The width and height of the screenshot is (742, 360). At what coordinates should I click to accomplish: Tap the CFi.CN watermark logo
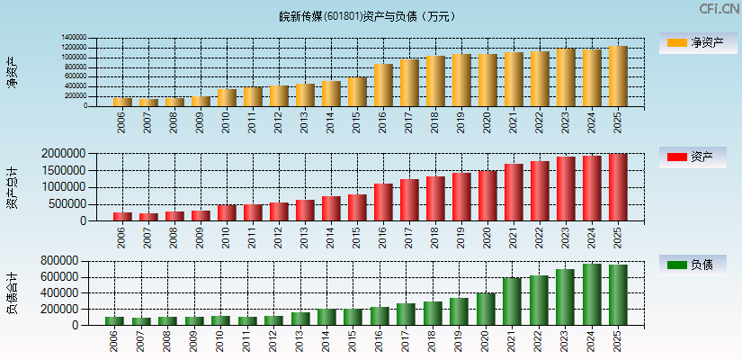coord(719,9)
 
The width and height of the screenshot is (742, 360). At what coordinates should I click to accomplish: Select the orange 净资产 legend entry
coord(693,42)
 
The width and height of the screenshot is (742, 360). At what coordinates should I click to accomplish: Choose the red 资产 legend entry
coord(693,157)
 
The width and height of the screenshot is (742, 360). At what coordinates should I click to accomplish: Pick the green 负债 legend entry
coord(693,265)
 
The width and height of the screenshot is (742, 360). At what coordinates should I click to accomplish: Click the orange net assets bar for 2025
coord(618,76)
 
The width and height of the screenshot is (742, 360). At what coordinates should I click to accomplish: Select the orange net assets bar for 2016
coord(383,85)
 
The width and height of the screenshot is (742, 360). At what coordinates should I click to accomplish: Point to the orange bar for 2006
coord(122,102)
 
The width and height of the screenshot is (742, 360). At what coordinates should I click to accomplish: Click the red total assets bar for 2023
coord(566,189)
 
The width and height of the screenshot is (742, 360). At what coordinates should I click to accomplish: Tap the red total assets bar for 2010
coord(227,212)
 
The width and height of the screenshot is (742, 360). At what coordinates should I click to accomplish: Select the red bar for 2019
coord(461,197)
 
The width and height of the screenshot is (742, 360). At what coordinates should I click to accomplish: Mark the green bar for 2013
coord(305,319)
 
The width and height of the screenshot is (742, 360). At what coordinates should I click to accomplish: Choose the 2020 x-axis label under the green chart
coord(487,341)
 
